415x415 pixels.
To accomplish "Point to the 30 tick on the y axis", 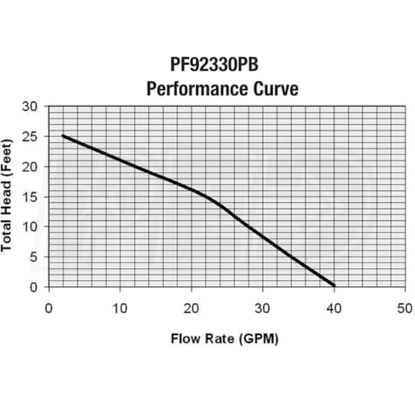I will [x=31, y=107].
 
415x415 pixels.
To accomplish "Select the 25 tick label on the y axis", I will [x=31, y=136].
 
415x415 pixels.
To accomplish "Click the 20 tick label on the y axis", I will [x=31, y=167].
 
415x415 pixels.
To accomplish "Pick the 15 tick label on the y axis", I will [x=31, y=196].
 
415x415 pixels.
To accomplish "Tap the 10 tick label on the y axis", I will [x=31, y=227].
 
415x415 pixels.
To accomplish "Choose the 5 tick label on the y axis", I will [x=35, y=257].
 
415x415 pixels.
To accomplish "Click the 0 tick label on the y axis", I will [x=35, y=287].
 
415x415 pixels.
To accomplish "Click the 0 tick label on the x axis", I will [x=48, y=307].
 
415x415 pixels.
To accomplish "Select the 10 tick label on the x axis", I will [x=120, y=307].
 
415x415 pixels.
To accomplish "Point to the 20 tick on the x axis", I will [x=192, y=307].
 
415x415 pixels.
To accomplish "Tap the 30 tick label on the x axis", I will [x=263, y=307].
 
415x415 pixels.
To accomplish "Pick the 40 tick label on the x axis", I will [x=334, y=307].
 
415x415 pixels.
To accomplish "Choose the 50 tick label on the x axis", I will [x=405, y=307].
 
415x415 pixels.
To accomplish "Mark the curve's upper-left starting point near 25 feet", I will [x=64, y=136].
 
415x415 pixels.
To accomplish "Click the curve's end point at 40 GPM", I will [x=334, y=285].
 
